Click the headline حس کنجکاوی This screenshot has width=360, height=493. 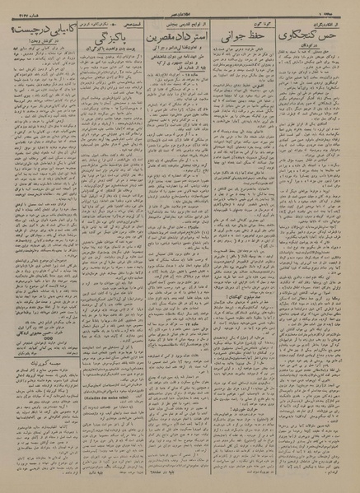[x=320, y=37]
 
